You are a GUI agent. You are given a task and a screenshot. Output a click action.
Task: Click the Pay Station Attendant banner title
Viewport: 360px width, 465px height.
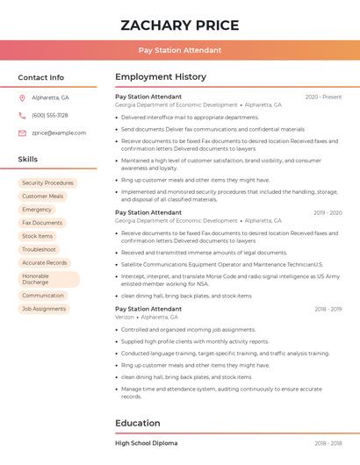point(179,50)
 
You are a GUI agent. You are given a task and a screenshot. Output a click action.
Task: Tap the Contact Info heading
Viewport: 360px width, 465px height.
point(41,77)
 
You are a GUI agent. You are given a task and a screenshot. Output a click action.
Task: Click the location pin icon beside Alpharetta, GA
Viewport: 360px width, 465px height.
point(22,97)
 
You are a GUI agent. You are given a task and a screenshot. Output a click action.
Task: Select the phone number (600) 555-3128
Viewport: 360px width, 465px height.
point(50,115)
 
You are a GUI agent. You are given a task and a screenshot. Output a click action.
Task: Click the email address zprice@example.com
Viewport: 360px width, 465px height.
point(59,132)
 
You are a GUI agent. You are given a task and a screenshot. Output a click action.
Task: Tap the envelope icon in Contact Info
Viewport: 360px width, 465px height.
point(22,132)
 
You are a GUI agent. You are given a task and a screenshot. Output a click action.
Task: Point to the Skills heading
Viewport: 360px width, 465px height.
point(28,160)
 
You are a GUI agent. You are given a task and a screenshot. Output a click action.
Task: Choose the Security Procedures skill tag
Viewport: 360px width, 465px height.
point(47,183)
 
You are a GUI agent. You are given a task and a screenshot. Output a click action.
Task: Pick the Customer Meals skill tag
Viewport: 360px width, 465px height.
point(42,197)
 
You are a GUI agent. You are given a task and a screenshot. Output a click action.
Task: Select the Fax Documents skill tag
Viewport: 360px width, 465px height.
point(42,223)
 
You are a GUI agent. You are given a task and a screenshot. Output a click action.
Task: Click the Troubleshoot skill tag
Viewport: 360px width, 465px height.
point(40,249)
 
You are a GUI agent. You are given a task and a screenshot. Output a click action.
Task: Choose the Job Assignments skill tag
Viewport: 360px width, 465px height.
point(44,309)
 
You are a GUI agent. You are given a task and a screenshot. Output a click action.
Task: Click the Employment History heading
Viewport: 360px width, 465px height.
point(161,77)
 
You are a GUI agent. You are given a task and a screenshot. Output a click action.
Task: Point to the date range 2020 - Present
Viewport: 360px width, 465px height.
point(323,97)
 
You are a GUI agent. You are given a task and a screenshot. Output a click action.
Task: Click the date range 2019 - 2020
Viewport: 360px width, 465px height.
point(328,212)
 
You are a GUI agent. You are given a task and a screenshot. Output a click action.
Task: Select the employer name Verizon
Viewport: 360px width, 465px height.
point(125,317)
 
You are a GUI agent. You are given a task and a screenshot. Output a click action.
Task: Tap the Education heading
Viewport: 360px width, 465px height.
point(138,423)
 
